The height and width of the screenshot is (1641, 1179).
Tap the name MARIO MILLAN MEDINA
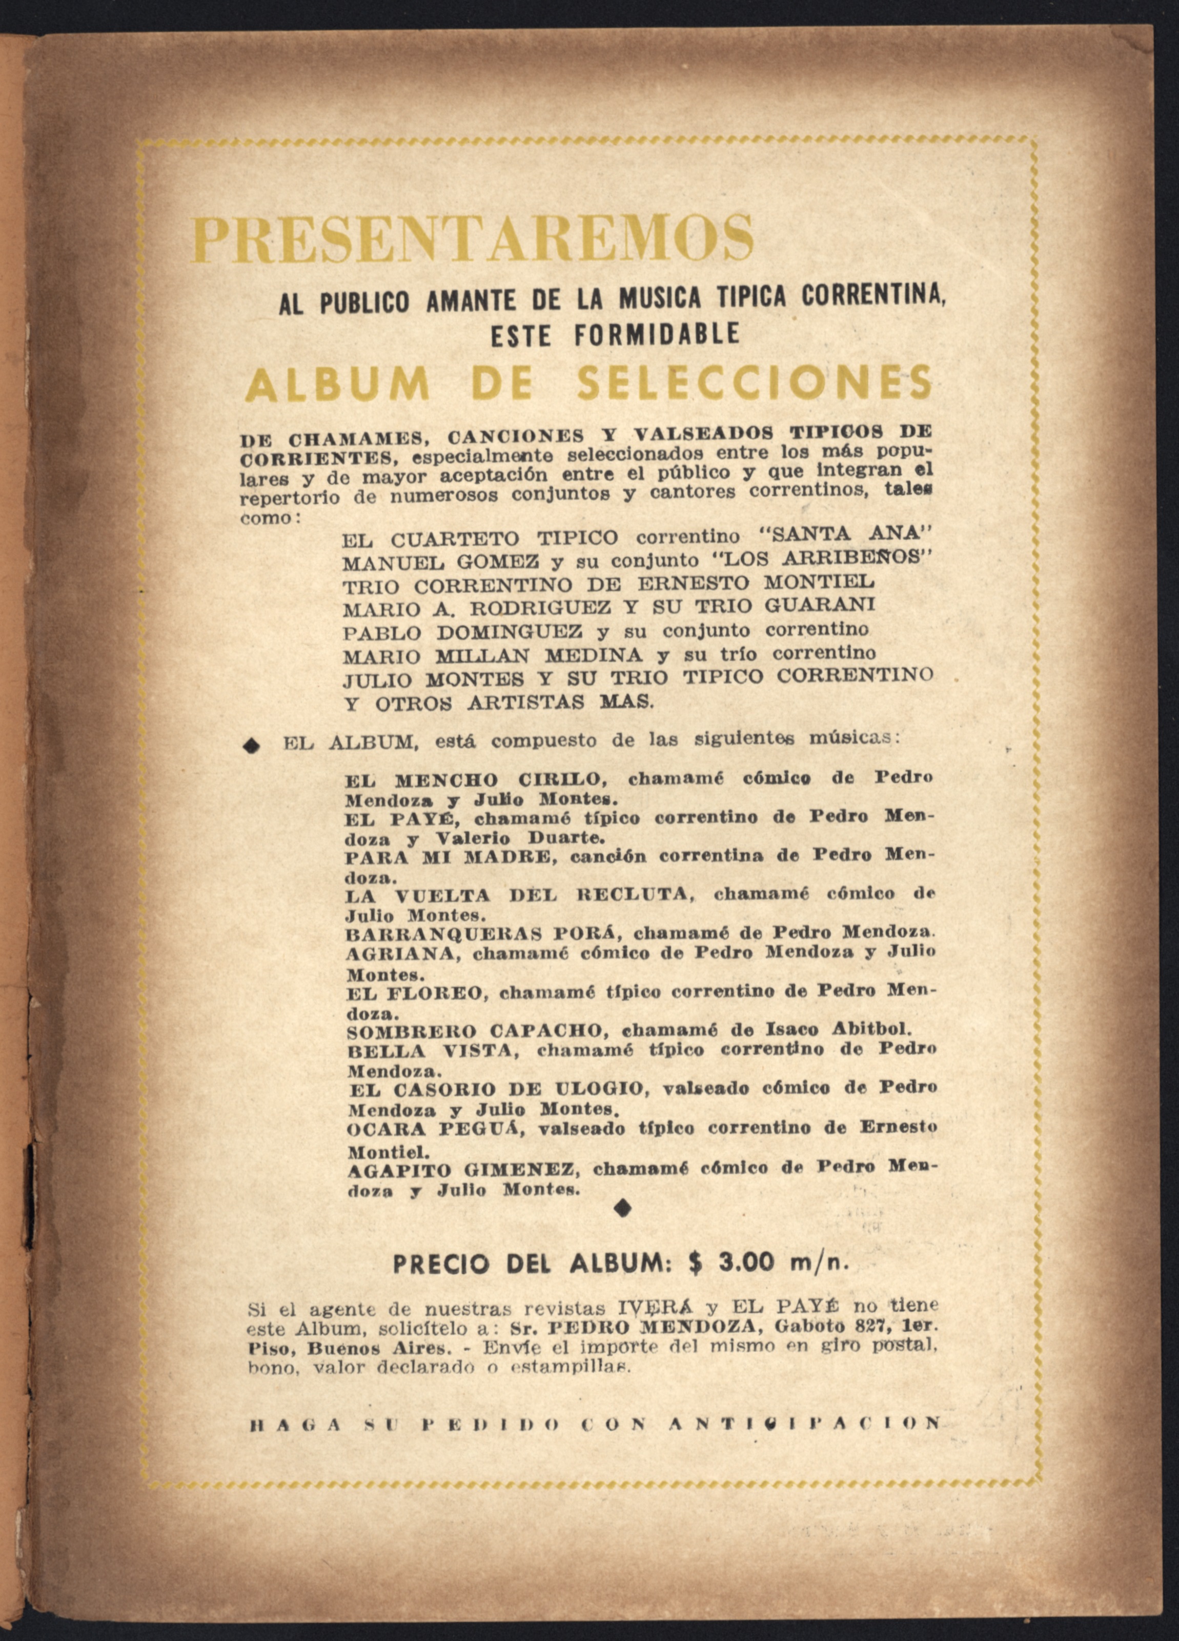tap(492, 655)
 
